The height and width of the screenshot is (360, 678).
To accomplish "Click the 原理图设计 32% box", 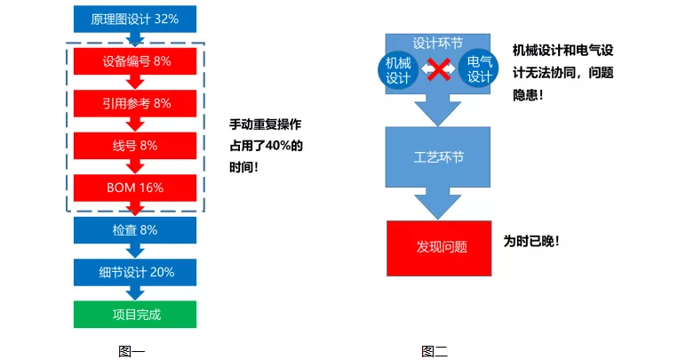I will coord(135,19).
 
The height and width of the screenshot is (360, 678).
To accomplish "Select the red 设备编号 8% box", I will coord(135,61).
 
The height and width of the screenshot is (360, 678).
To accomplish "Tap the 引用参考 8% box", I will coord(135,103).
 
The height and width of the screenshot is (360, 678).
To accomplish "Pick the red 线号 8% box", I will coord(135,145).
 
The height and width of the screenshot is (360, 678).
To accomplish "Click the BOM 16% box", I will coord(135,188).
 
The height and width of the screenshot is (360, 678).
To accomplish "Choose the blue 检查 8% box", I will coord(135,229).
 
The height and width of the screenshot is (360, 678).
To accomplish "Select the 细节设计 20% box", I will coord(135,272).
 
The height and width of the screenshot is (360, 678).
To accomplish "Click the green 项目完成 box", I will coord(135,314).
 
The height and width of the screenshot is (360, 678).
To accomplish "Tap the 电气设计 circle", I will coord(479,69).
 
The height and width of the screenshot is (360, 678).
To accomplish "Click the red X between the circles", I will coord(438,70).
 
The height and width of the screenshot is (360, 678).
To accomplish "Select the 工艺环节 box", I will coord(438,156).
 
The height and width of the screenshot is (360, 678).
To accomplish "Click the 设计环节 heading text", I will coord(437,43).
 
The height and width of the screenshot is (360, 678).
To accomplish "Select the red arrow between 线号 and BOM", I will coord(135,166).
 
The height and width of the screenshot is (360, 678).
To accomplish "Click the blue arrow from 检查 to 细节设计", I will coord(135,251).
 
